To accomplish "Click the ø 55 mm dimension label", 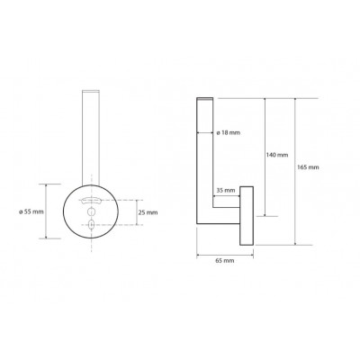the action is click(31, 211).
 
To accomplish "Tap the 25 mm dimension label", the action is click(148, 212).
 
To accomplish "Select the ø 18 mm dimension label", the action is click(228, 132).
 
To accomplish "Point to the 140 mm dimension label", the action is click(277, 155).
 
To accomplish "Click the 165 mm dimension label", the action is click(308, 167).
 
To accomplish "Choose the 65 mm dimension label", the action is click(225, 261).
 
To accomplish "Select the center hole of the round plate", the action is click(91, 212).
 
